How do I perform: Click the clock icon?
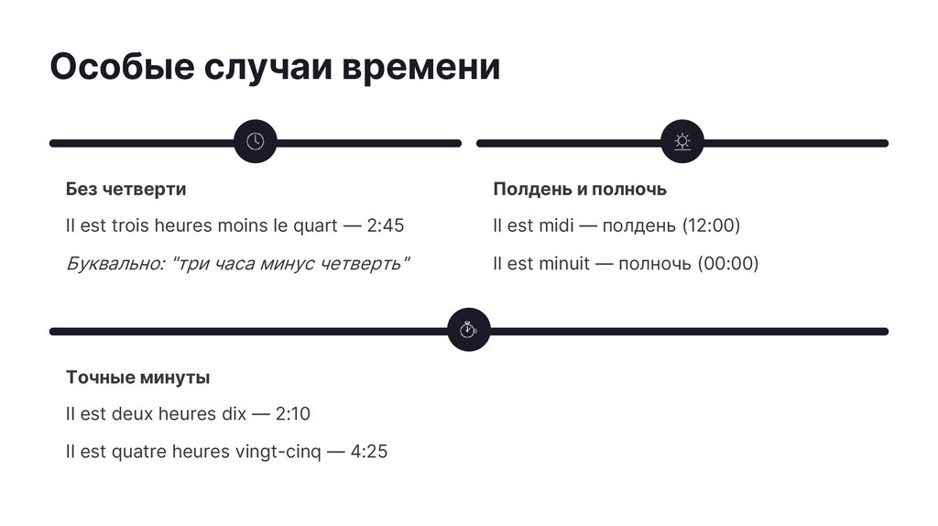click(256, 141)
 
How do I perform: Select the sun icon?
click(682, 141)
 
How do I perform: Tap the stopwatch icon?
click(469, 329)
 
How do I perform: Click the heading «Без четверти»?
click(125, 189)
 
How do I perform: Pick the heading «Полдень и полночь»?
click(579, 189)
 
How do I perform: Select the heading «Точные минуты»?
click(137, 377)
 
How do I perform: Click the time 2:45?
click(385, 225)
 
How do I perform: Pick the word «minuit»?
click(563, 264)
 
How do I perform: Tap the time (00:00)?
click(728, 264)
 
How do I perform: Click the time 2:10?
click(292, 414)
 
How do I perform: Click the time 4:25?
click(369, 452)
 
